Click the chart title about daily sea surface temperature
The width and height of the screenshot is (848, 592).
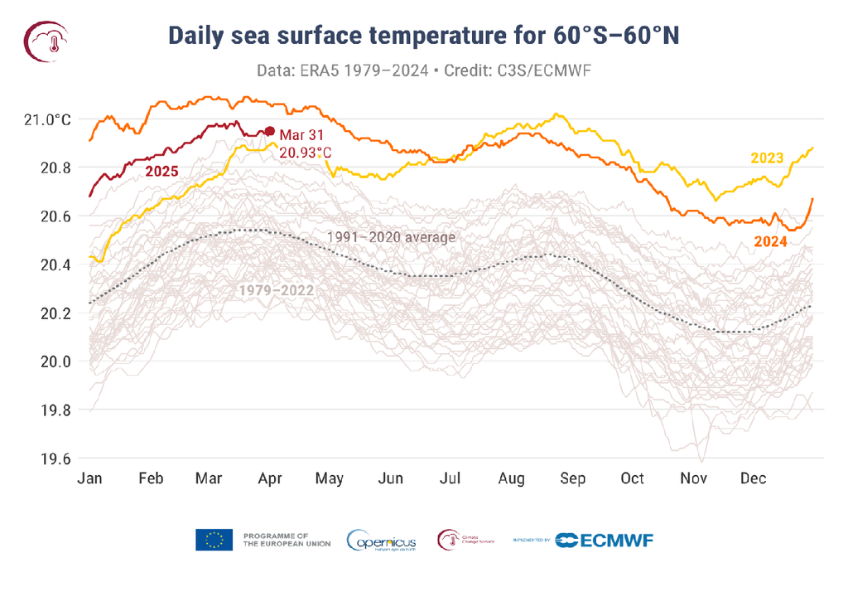(x=423, y=35)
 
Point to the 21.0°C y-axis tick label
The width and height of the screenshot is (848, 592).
(x=48, y=119)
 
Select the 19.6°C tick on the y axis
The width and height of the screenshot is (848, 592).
(x=48, y=459)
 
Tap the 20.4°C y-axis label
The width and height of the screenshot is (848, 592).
(x=48, y=265)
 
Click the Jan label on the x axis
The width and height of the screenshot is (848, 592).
(x=89, y=478)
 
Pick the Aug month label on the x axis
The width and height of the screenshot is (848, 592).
(x=512, y=478)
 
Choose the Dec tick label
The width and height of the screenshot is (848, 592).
(x=753, y=478)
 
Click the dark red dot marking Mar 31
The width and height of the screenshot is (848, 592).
(x=269, y=131)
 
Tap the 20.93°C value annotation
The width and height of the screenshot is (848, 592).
(x=305, y=153)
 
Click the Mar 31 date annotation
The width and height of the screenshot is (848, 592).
(x=301, y=134)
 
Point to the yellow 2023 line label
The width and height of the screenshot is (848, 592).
(x=768, y=158)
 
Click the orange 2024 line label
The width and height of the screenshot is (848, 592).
(x=769, y=241)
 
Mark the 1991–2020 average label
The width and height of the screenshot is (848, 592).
(x=390, y=237)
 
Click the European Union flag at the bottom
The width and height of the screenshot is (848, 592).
(x=214, y=540)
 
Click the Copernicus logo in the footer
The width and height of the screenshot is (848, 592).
(x=382, y=541)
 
